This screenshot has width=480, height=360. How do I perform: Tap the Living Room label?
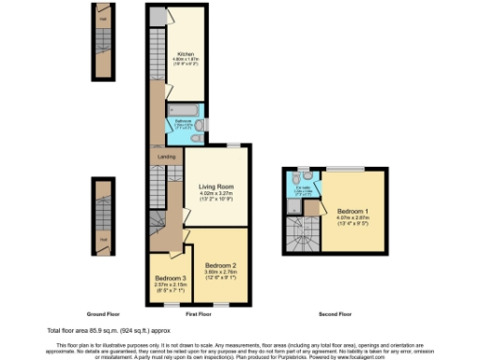[215, 187]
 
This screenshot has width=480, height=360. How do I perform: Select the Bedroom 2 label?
[222, 265]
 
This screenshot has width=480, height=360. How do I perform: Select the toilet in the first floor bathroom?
[194, 139]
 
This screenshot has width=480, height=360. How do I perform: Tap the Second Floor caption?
[333, 312]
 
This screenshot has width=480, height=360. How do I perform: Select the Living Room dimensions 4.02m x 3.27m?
[215, 194]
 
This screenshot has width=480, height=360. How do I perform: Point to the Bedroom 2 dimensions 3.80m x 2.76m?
[222, 273]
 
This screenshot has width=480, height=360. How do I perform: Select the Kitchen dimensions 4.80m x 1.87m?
[185, 62]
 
